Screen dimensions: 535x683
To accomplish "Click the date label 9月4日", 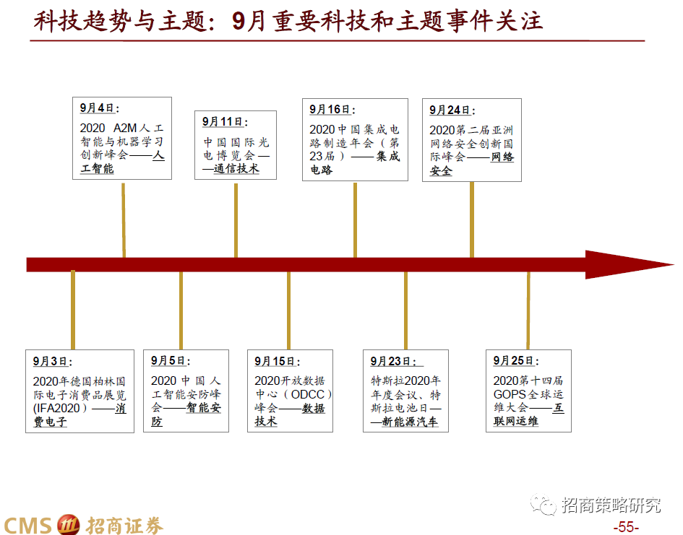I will coord(97,108).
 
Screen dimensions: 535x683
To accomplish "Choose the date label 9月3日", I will coord(50,361).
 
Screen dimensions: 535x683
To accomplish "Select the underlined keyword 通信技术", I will coord(236,169).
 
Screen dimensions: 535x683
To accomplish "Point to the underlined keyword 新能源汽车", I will coord(409,422).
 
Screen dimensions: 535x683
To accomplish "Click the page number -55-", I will coord(625,527).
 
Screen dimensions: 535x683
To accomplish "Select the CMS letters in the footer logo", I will coord(27,524).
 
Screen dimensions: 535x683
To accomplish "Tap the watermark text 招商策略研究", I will coord(611,505).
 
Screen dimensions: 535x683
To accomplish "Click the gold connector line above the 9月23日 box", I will coord(405,310).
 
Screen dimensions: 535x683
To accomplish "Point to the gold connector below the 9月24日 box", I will coord(472,219).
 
